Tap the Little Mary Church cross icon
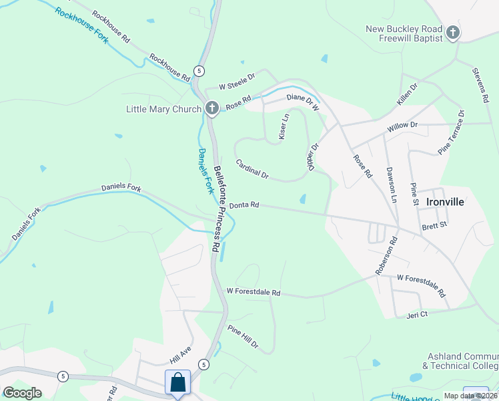click(212, 108)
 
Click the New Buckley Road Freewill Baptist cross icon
click(453, 33)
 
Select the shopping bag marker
click(177, 384)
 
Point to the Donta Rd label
click(244, 206)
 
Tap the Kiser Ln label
click(283, 126)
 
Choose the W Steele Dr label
click(237, 82)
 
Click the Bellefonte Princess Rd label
click(217, 208)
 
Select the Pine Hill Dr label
click(243, 338)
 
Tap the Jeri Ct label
click(416, 314)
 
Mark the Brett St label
click(434, 227)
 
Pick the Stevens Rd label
click(480, 85)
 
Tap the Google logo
click(23, 393)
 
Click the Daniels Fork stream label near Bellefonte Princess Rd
click(205, 170)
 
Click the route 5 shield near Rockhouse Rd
click(199, 70)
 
